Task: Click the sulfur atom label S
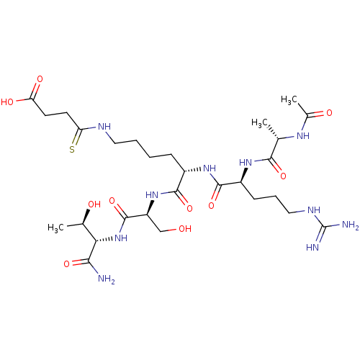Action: click(72, 149)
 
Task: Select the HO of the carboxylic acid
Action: click(7, 102)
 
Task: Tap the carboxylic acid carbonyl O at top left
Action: click(40, 79)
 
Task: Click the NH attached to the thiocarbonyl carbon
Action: click(104, 127)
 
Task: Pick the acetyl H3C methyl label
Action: click(289, 99)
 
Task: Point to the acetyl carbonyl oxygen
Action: click(329, 113)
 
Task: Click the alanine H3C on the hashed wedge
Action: click(259, 123)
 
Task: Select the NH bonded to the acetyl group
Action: click(303, 136)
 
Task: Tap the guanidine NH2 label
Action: click(351, 225)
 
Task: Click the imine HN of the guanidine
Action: click(312, 247)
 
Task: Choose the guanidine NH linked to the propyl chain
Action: click(314, 210)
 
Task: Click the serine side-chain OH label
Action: click(185, 229)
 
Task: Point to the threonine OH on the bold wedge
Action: click(94, 204)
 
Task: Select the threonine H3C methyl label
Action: click(55, 228)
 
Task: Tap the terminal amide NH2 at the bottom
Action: click(107, 279)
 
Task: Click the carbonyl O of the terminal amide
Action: click(67, 264)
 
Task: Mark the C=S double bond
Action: click(77, 138)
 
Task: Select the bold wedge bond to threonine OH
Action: click(86, 217)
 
